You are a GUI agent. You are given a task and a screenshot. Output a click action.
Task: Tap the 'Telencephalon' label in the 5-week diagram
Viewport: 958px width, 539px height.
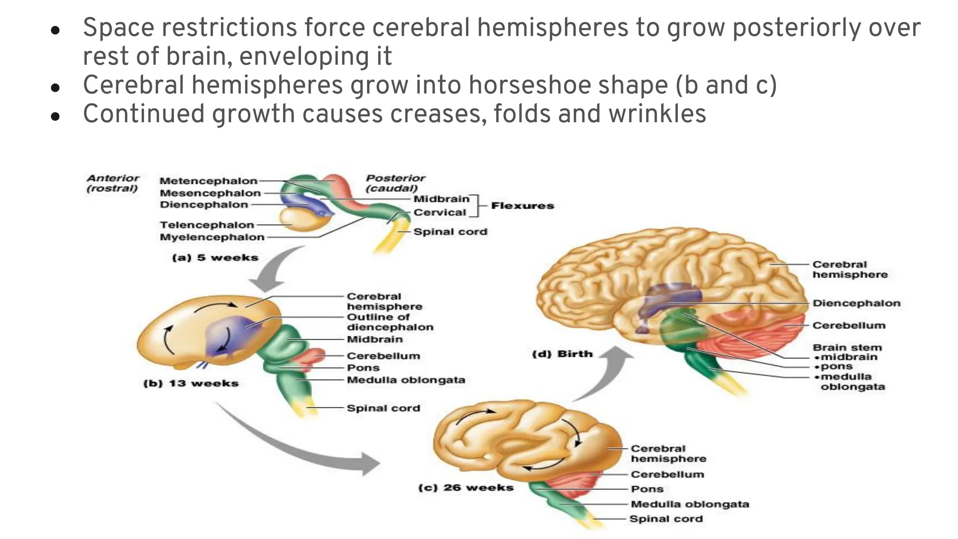[x=207, y=225]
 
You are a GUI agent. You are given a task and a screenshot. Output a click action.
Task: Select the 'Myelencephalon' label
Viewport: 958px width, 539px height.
[x=212, y=237]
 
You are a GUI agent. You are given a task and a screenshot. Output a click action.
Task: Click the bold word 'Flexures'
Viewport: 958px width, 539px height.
[x=522, y=206]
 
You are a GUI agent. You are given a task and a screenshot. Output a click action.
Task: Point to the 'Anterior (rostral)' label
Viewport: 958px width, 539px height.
[x=112, y=183]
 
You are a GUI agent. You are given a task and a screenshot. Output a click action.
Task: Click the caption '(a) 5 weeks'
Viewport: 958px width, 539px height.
[x=215, y=258]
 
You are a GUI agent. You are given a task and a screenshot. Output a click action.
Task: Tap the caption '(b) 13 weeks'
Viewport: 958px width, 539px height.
[x=191, y=384]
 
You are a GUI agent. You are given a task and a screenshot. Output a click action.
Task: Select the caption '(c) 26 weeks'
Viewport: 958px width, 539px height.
[x=465, y=488]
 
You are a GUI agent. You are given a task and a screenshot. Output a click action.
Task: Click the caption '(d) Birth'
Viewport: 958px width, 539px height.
[x=562, y=354]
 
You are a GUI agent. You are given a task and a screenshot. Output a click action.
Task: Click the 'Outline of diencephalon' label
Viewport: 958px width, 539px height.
[x=390, y=322]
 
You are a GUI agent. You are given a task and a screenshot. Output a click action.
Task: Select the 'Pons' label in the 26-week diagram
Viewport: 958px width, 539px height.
[x=647, y=489]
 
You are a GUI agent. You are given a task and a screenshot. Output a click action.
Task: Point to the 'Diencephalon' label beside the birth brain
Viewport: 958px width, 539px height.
[x=856, y=303]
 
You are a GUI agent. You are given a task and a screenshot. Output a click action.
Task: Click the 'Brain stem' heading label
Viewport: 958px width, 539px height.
[x=847, y=348]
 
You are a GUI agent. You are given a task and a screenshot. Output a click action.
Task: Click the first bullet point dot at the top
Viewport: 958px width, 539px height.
[x=55, y=31]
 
